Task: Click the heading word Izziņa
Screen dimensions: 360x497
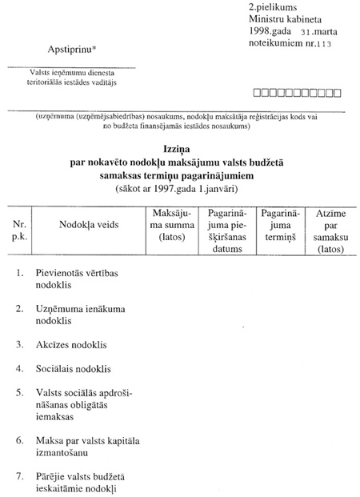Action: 180,149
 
